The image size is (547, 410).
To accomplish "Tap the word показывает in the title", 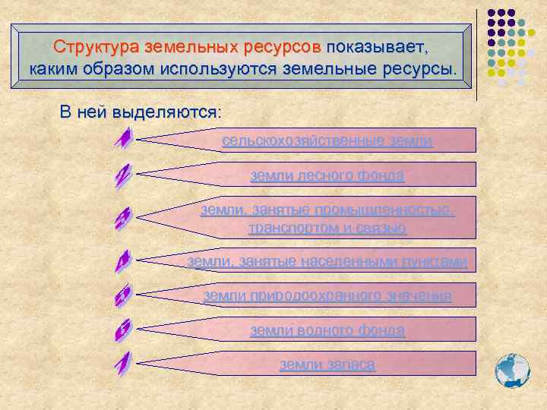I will [x=377, y=46].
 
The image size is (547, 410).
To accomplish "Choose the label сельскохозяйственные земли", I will [x=327, y=140].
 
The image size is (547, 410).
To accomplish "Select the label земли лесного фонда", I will [x=327, y=176].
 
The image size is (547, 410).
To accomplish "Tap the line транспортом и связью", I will [x=327, y=228].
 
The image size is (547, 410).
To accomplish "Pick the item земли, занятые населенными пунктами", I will [x=327, y=261].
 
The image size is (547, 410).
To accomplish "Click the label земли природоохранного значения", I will [x=327, y=295].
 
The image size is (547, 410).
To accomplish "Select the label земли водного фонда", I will [x=327, y=330].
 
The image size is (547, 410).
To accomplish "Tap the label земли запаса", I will [x=327, y=364].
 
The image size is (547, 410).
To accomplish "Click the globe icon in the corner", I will [x=511, y=371].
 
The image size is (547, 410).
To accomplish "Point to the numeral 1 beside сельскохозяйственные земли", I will [x=123, y=139].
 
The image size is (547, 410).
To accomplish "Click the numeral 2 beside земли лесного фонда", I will [x=123, y=177].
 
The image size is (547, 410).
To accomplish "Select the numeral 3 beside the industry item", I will [x=123, y=219].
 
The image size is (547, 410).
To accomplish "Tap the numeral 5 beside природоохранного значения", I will [x=123, y=296].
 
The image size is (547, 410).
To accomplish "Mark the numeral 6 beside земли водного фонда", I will [x=123, y=330].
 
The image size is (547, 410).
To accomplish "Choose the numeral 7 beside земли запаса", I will [x=123, y=364].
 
